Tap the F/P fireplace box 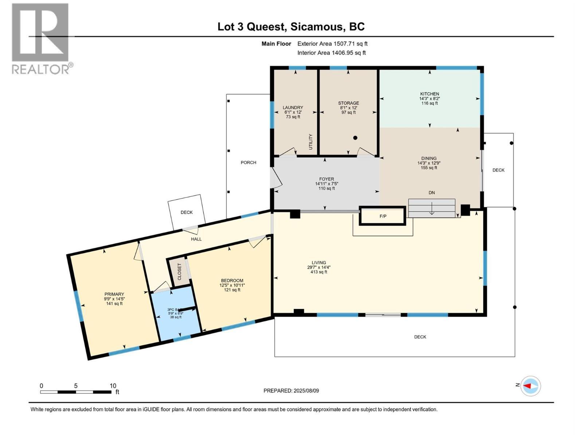coord(383,216)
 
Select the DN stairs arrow coord(431,210)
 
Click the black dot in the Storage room coord(355,138)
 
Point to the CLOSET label coord(179,272)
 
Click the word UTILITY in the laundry coord(311,142)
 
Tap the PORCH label coord(248,162)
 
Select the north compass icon coord(530,385)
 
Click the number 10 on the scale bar coord(113,386)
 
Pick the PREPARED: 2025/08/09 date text coord(291,391)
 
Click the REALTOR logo coord(40,38)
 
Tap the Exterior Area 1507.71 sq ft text coord(332,44)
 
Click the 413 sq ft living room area coord(318,272)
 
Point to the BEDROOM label coord(231,280)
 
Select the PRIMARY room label coord(114,294)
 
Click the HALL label coord(196,239)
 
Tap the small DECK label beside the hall coord(187,212)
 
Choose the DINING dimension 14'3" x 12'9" coord(429,163)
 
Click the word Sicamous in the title coord(317,27)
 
